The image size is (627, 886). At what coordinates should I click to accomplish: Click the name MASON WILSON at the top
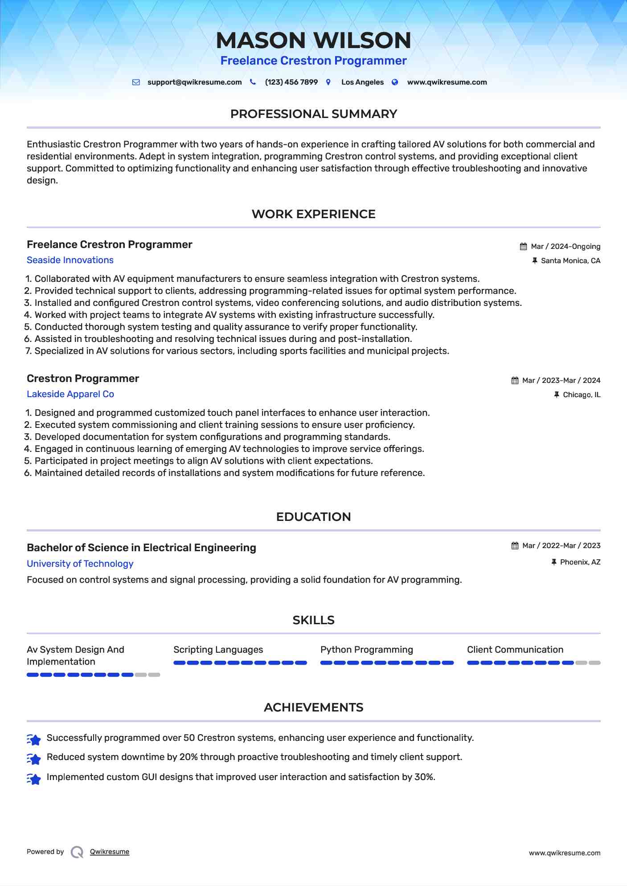click(313, 41)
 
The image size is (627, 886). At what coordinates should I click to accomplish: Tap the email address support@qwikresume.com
click(194, 82)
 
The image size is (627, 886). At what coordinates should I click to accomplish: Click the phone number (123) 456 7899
click(291, 82)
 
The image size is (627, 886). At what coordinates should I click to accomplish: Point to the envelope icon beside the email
click(136, 82)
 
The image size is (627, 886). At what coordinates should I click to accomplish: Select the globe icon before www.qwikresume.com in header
click(395, 82)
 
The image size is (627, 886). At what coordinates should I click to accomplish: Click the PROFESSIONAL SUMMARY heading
click(313, 114)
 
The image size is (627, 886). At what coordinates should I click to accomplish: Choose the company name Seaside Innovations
click(70, 260)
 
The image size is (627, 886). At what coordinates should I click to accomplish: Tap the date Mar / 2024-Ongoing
click(565, 247)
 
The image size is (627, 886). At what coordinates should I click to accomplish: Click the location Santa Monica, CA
click(570, 261)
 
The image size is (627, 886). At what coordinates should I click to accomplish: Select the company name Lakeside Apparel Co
click(70, 394)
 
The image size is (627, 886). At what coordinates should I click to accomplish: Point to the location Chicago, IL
click(581, 395)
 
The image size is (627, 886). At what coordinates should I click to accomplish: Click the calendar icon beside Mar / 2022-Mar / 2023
click(515, 546)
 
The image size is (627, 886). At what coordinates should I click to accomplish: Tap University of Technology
click(80, 564)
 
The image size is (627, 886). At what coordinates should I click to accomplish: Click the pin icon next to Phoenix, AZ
click(554, 562)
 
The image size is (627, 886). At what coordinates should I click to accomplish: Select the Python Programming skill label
click(366, 650)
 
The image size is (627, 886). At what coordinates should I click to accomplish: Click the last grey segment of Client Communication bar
click(594, 663)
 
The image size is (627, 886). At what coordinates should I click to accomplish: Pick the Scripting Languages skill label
click(218, 650)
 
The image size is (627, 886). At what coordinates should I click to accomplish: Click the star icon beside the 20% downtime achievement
click(34, 758)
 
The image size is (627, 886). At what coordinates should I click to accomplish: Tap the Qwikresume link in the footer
click(110, 852)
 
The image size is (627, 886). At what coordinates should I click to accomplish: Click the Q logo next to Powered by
click(77, 852)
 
